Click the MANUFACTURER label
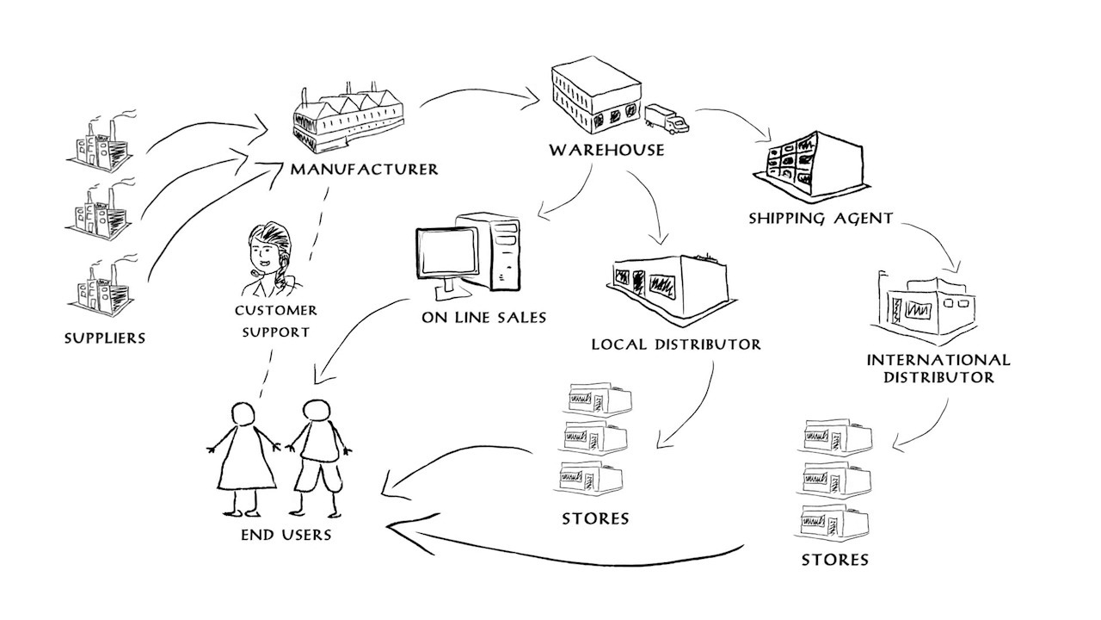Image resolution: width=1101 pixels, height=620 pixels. (364, 169)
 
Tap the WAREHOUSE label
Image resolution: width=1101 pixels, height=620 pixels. (607, 150)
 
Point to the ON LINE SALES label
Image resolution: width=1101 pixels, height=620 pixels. (483, 317)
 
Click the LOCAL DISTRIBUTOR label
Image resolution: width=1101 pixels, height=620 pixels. (676, 344)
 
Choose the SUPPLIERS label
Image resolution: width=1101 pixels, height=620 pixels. (105, 338)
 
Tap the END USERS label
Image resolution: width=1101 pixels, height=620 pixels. (286, 535)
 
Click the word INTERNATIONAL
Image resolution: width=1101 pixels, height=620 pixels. (938, 360)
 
